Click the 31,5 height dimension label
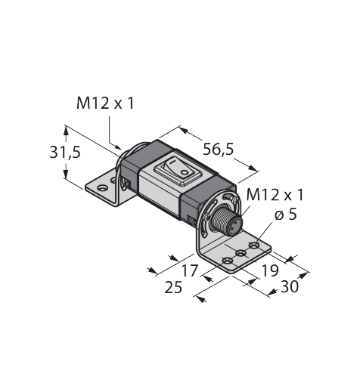[x=65, y=153]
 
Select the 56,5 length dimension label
[x=219, y=150]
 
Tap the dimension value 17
[x=190, y=271]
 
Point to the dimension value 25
[x=173, y=287]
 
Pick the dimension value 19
[x=270, y=271]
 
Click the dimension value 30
[x=290, y=286]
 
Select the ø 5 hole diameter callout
[x=286, y=215]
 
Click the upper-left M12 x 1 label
[x=105, y=103]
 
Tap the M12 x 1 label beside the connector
[x=275, y=195]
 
